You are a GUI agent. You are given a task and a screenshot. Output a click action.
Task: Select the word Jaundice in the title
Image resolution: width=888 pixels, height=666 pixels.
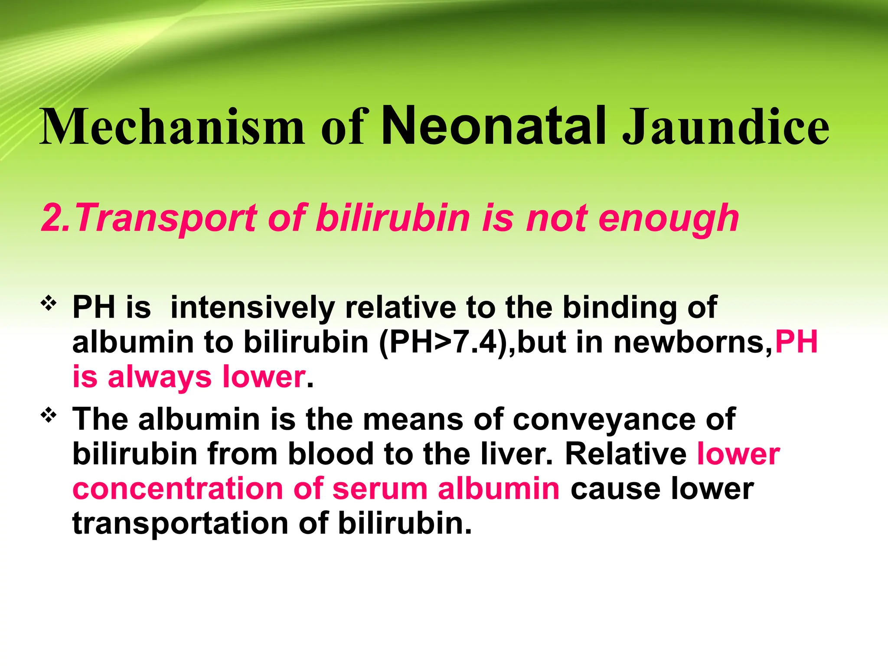click(725, 127)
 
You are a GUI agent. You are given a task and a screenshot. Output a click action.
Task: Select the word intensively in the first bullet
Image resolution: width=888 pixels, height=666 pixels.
click(252, 307)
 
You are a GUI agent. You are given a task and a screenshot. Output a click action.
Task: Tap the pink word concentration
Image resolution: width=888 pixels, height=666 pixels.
click(177, 489)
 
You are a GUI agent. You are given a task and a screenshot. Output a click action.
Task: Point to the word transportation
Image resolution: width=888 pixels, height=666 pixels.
click(180, 523)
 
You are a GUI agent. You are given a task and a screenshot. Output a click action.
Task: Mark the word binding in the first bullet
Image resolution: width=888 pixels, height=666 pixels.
click(619, 307)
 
